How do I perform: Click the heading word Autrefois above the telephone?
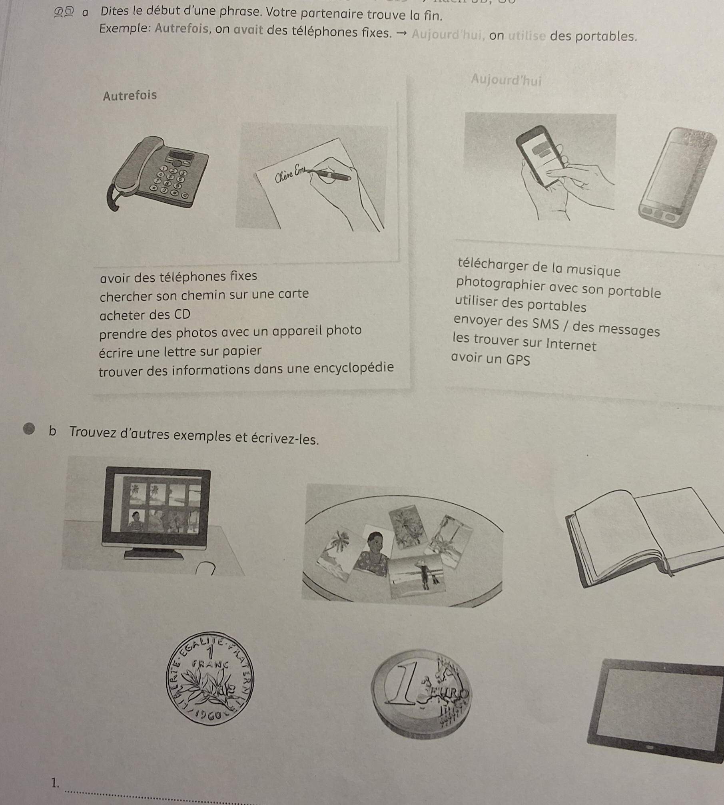130,96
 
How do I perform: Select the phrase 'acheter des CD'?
145,315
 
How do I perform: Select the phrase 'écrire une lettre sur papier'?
180,351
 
